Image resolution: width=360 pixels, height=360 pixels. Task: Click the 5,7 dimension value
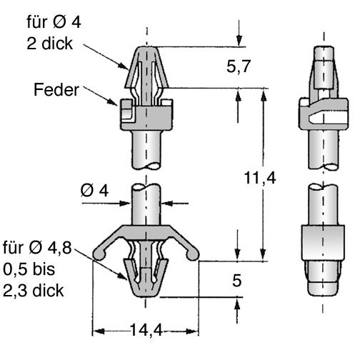point(239,66)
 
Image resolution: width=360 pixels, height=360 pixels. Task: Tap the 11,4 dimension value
point(260,178)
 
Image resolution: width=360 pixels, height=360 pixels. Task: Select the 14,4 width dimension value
point(146,330)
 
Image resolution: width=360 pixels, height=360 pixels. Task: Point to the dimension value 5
point(237,281)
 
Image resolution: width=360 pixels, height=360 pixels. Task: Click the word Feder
point(56,90)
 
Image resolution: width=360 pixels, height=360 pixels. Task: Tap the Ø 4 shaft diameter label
point(94,191)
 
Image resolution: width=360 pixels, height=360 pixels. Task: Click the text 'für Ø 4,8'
point(37,248)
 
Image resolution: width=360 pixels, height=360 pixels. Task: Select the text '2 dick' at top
point(49,44)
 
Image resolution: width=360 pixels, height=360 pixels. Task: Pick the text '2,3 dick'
point(34,291)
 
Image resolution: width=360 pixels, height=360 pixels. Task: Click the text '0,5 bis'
point(29,269)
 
